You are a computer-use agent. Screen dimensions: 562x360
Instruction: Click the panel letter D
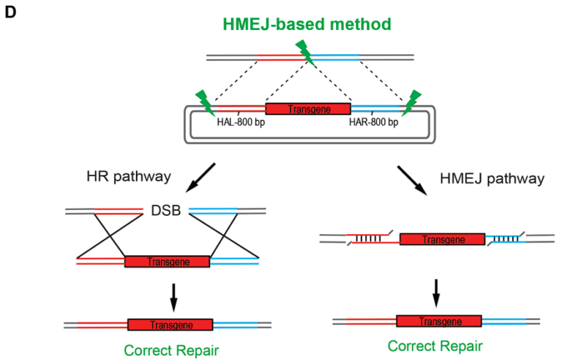10,12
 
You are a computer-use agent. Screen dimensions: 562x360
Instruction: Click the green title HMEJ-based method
307,24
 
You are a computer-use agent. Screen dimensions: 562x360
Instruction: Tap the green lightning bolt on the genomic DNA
305,53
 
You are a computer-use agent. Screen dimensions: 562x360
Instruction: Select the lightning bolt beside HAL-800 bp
206,103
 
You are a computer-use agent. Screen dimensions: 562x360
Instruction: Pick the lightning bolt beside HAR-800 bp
411,103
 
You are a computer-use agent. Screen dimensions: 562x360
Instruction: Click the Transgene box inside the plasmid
308,109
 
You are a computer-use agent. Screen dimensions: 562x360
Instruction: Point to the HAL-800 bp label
241,122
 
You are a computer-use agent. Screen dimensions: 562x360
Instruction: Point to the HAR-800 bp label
373,122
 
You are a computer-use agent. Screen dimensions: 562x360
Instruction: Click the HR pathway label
129,177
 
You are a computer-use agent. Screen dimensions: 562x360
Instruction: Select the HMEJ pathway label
492,179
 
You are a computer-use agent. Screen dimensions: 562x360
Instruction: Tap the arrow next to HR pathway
201,178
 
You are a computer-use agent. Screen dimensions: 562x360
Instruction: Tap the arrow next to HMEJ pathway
412,180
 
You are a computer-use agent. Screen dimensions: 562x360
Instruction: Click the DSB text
166,211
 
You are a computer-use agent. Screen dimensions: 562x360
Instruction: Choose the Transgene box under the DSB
167,262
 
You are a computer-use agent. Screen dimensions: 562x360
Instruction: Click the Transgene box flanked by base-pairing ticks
442,239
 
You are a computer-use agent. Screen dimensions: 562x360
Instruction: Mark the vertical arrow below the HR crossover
173,297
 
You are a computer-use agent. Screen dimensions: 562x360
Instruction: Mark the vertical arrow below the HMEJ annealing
436,293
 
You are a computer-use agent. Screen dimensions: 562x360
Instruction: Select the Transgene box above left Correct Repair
171,325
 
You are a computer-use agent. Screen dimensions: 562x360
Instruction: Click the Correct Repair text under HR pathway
171,350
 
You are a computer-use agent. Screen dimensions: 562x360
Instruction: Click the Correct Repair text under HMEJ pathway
435,346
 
